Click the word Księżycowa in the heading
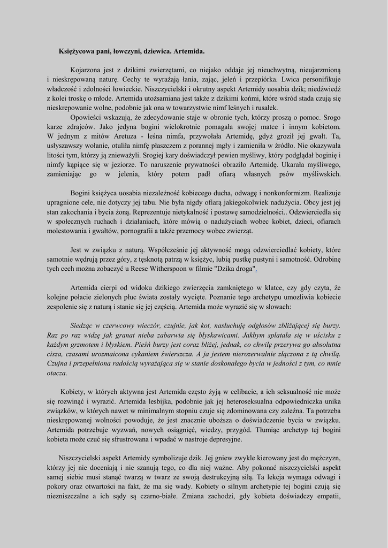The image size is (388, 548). point(77,51)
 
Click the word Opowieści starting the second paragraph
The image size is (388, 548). point(89,118)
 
